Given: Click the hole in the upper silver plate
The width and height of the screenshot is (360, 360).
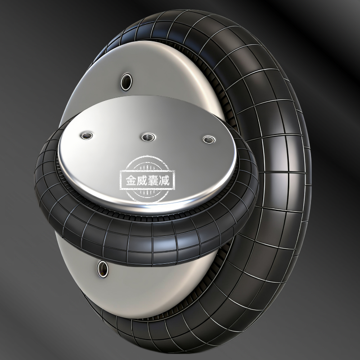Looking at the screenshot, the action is pyautogui.click(x=126, y=82).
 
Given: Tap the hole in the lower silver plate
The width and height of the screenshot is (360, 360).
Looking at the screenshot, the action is pyautogui.click(x=103, y=269).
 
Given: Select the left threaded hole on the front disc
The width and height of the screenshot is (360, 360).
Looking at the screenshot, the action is pyautogui.click(x=87, y=135).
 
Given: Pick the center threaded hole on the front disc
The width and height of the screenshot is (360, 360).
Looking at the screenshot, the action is pyautogui.click(x=148, y=138).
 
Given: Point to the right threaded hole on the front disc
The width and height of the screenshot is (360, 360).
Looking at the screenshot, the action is pyautogui.click(x=209, y=139).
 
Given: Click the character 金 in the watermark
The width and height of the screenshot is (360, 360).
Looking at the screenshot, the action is pyautogui.click(x=131, y=180).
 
